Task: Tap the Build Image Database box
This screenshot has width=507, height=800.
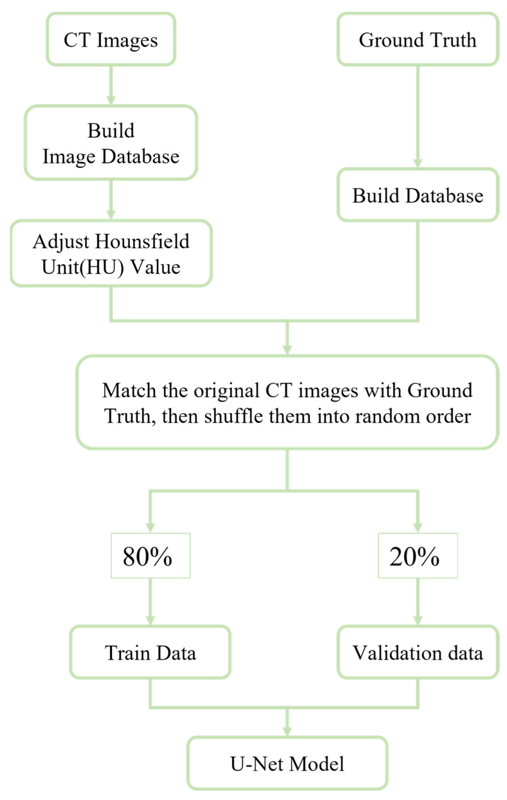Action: click(111, 143)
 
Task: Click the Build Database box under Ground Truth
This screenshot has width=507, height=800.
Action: click(417, 196)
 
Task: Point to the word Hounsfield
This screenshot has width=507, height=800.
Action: click(142, 241)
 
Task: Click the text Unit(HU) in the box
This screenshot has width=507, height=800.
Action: click(83, 267)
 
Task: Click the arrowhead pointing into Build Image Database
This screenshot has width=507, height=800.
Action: click(111, 100)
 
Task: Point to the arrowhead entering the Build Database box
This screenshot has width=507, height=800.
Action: click(418, 163)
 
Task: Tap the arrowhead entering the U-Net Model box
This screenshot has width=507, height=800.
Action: click(287, 731)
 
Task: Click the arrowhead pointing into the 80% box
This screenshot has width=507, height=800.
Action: click(150, 527)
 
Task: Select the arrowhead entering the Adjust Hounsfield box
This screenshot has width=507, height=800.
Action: click(111, 215)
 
